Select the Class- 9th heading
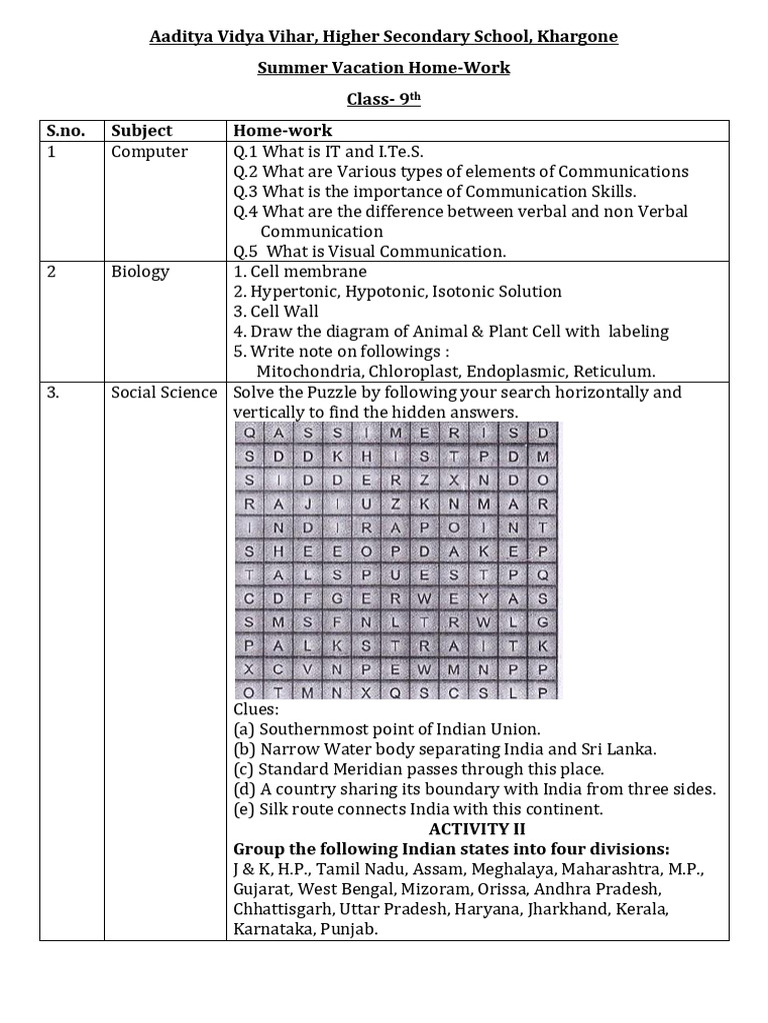(384, 99)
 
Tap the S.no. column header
(67, 131)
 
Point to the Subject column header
(141, 131)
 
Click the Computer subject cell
(149, 152)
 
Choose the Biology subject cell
(140, 272)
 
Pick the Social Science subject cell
(164, 393)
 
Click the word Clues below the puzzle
(256, 709)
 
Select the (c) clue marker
(243, 769)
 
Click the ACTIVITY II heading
(477, 829)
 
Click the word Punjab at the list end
(350, 929)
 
